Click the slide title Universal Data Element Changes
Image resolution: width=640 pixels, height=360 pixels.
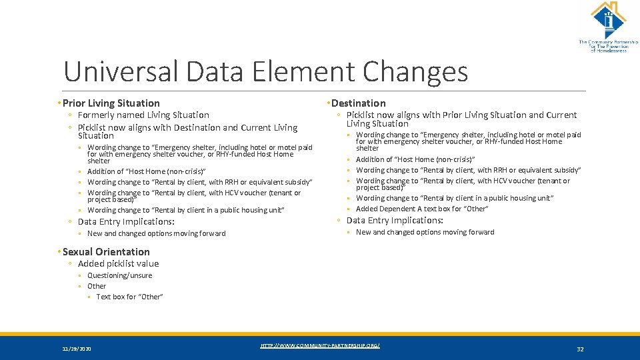(265, 71)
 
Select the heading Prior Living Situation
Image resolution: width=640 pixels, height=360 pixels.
(111, 103)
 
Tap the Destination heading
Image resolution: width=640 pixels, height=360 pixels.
(358, 103)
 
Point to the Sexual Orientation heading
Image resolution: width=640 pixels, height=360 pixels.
(105, 251)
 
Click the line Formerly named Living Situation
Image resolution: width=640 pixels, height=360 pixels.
(143, 115)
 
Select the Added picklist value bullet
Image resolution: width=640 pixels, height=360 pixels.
(118, 263)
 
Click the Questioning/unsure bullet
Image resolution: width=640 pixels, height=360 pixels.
(119, 275)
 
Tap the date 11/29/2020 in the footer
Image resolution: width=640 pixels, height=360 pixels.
(77, 349)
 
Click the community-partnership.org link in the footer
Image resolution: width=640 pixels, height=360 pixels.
(320, 345)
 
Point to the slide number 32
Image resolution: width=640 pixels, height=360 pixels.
(580, 349)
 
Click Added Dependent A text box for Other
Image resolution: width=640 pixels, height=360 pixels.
(422, 209)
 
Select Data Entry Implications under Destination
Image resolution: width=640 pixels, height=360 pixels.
(395, 220)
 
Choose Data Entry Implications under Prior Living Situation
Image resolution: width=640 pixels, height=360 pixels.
(126, 221)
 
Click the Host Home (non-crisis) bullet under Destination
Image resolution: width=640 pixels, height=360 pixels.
(415, 159)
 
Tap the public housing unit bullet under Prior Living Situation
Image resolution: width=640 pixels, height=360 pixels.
(186, 210)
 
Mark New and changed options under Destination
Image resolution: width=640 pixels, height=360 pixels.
(425, 232)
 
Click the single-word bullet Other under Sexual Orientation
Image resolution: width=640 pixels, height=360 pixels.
(97, 286)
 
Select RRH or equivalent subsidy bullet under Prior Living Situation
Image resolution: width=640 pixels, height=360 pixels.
(200, 182)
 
